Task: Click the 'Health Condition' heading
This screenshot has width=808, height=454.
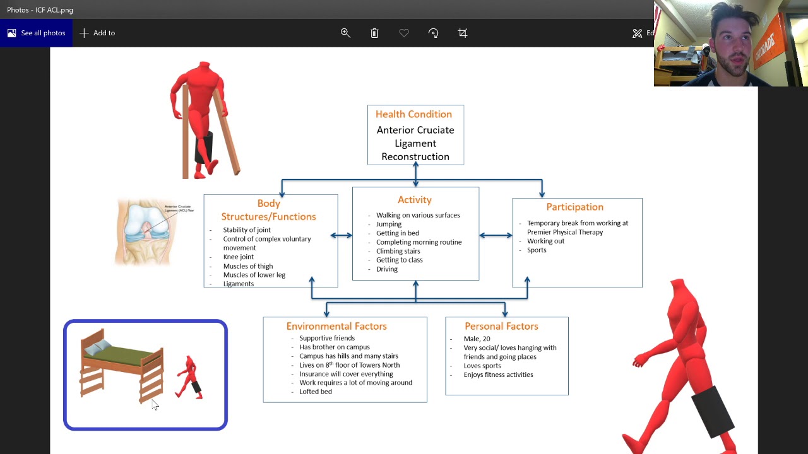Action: click(x=413, y=114)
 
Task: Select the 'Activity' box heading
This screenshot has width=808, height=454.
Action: click(x=415, y=200)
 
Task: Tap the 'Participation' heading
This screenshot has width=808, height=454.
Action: click(x=574, y=207)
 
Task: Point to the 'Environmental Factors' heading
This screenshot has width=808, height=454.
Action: click(x=336, y=326)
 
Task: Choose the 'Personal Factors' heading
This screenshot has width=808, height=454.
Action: click(x=501, y=326)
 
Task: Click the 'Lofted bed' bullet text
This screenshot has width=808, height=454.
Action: click(x=316, y=392)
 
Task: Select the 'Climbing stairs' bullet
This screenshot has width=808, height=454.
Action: click(x=398, y=251)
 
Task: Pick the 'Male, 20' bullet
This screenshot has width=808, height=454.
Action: click(x=477, y=339)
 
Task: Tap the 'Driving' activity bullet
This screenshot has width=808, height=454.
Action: click(x=387, y=269)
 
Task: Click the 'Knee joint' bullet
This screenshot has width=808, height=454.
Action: click(x=239, y=257)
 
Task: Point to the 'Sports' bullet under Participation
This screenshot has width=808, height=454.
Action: click(x=537, y=250)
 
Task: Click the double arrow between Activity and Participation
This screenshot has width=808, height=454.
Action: click(x=496, y=236)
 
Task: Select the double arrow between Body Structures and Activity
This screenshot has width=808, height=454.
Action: click(x=342, y=236)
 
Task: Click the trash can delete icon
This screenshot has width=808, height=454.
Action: click(x=374, y=33)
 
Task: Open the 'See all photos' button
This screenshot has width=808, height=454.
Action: click(x=36, y=33)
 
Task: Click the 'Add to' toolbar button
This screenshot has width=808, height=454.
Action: click(x=97, y=33)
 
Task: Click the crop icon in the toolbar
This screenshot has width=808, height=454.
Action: click(x=463, y=33)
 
